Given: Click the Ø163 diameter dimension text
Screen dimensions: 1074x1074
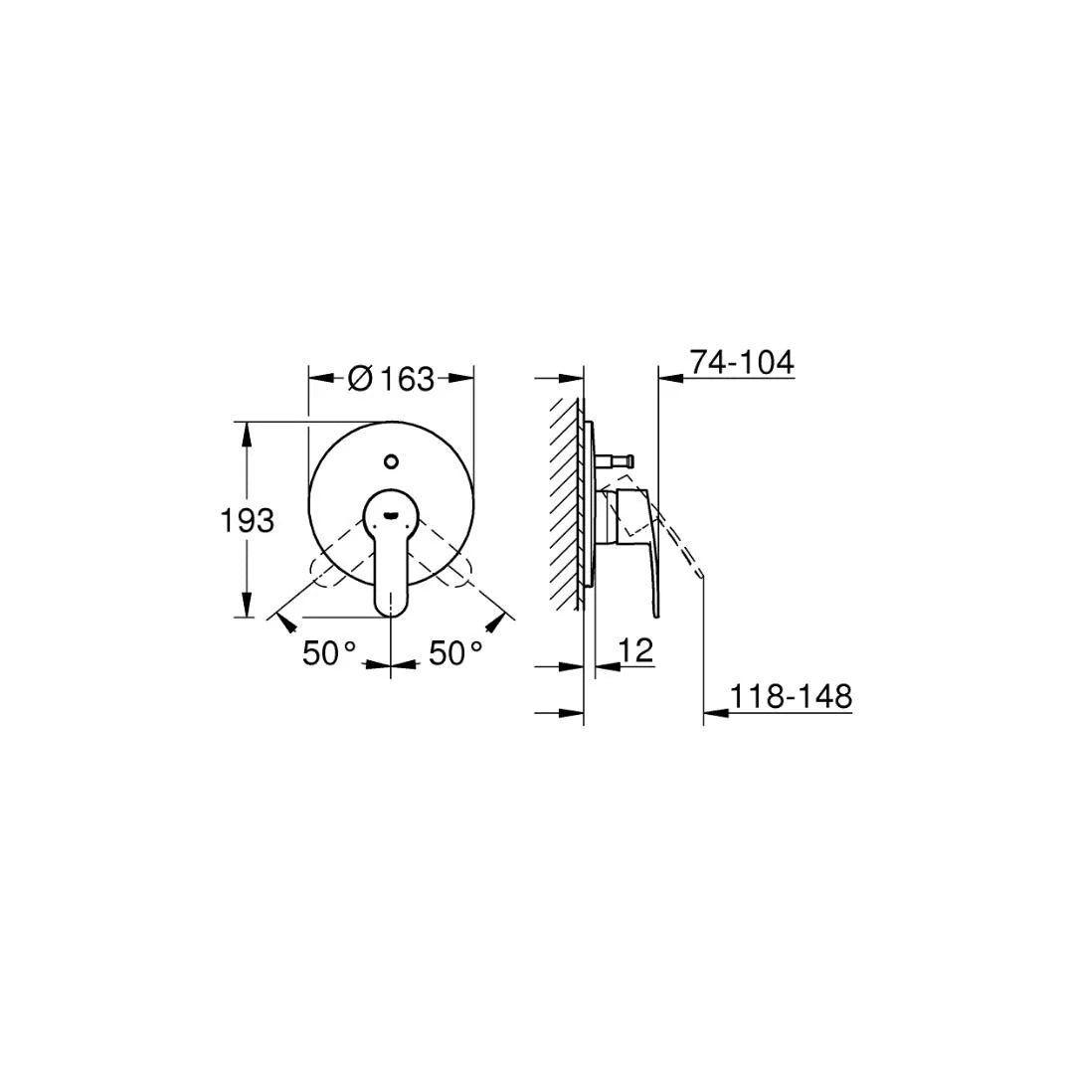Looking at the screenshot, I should coord(392,379).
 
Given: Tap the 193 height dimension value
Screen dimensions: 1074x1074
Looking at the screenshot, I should coord(246,520).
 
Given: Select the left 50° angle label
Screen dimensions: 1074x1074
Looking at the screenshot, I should coord(329,653).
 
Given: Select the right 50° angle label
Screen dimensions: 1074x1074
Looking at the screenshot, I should coord(455,653).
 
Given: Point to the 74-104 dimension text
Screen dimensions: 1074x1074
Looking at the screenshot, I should coord(742,363).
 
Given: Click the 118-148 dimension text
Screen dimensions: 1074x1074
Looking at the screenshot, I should coord(792,696).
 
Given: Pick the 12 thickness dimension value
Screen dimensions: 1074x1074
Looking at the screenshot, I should coord(635,651).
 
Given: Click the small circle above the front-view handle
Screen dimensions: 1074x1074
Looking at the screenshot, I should coord(391,461).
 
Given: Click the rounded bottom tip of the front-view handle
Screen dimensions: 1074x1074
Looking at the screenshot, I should coord(391,606).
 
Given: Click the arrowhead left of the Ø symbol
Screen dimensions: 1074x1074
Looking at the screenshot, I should coord(319,378).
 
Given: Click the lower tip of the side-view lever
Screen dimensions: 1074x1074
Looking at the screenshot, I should coord(656,613).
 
